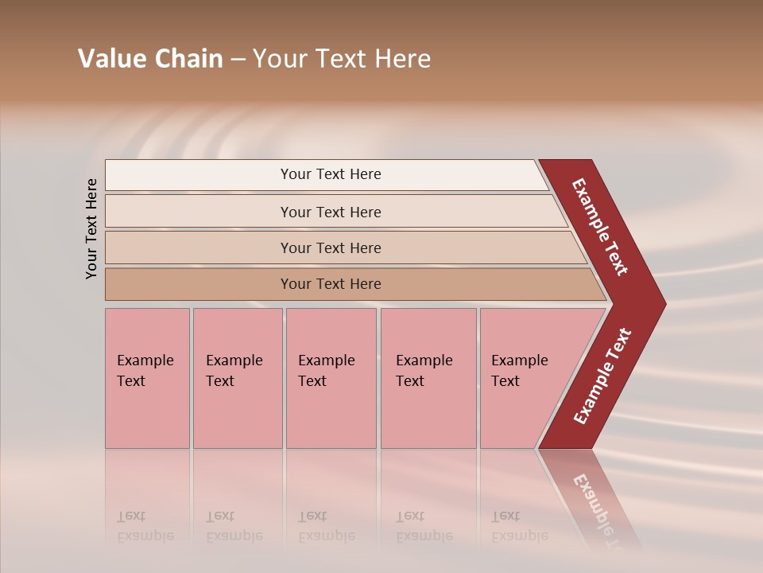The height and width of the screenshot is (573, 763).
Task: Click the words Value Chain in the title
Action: pyautogui.click(x=150, y=59)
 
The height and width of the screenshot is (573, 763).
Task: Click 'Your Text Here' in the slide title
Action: pyautogui.click(x=342, y=59)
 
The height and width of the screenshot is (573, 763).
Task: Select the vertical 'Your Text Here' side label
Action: pyautogui.click(x=92, y=228)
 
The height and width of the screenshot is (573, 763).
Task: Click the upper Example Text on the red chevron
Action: pyautogui.click(x=600, y=227)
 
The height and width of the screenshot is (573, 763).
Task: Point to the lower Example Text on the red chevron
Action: pyautogui.click(x=602, y=376)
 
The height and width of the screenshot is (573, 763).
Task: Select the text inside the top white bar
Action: pyautogui.click(x=331, y=174)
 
